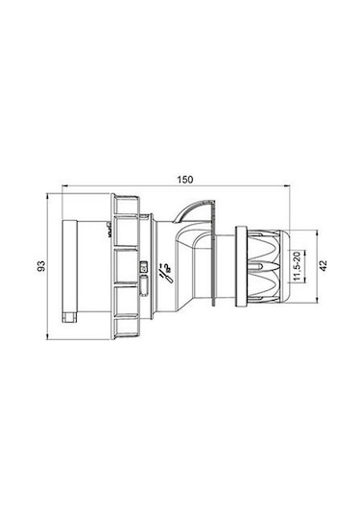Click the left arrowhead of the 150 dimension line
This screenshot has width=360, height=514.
pyautogui.click(x=63, y=186)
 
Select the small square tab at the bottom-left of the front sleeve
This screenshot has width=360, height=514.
pyautogui.click(x=68, y=314)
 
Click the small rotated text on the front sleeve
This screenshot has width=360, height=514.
pyautogui.click(x=110, y=230)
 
